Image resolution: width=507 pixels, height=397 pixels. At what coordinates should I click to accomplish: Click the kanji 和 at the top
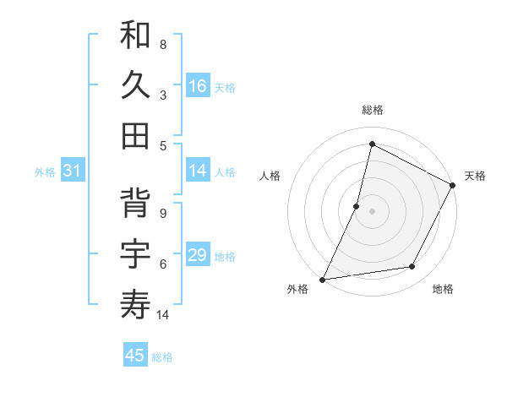tap(136, 37)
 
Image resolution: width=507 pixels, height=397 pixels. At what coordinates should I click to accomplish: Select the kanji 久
tap(136, 86)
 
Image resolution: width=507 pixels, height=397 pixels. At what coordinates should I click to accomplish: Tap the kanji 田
tap(136, 135)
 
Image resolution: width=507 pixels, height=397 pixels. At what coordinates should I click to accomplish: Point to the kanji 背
tap(136, 205)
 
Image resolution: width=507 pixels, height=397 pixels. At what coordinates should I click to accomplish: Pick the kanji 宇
tap(136, 254)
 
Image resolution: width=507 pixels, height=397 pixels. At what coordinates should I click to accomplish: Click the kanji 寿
tap(136, 303)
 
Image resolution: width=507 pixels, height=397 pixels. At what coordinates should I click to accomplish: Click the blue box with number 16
tap(198, 86)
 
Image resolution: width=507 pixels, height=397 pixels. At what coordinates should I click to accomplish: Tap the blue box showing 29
tap(198, 256)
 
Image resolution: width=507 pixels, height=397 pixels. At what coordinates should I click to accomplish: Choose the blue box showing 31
tap(73, 171)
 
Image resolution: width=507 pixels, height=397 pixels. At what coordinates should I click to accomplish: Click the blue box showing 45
tap(135, 356)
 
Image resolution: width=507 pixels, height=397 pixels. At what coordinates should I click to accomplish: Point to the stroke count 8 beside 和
tap(163, 44)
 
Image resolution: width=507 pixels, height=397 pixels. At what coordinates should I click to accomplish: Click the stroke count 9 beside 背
tap(163, 213)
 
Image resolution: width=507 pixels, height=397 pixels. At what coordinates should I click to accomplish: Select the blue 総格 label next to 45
tap(162, 357)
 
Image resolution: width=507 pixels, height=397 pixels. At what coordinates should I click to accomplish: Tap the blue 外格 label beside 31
tap(45, 172)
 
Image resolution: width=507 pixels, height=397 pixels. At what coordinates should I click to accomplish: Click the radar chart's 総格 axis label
tap(372, 110)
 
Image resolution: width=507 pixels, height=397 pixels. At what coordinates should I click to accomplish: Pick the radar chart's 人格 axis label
tap(270, 176)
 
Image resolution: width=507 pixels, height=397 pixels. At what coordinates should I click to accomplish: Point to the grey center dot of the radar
tap(372, 211)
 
